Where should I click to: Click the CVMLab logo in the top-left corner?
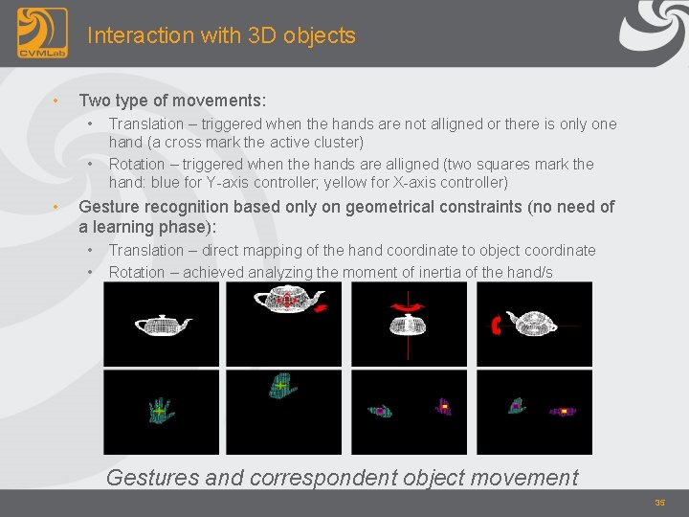pos(42,34)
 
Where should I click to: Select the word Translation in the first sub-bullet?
pos(145,124)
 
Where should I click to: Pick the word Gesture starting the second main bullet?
pos(112,207)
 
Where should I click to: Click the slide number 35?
pos(659,503)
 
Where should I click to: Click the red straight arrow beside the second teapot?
pos(322,307)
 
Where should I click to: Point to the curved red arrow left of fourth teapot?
pos(495,326)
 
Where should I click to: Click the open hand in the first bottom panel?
pos(162,410)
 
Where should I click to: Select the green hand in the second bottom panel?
pos(281,387)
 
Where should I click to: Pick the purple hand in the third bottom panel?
pos(444,407)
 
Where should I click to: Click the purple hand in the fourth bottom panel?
pos(563,411)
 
